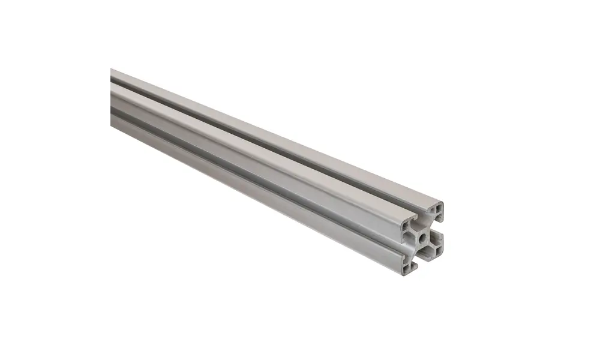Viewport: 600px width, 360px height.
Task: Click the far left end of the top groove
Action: tap(113, 83)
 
